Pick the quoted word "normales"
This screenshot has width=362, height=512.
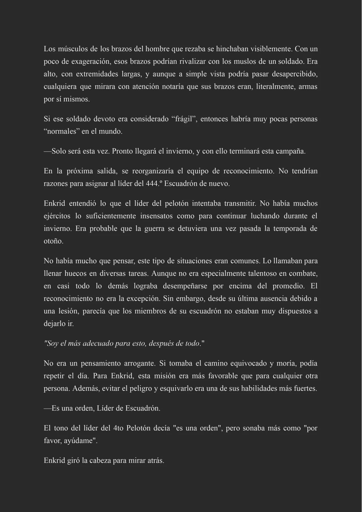61,132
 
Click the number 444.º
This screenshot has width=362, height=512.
154,184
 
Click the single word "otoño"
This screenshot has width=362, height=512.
53,241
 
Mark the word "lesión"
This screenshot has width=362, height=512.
68,311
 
